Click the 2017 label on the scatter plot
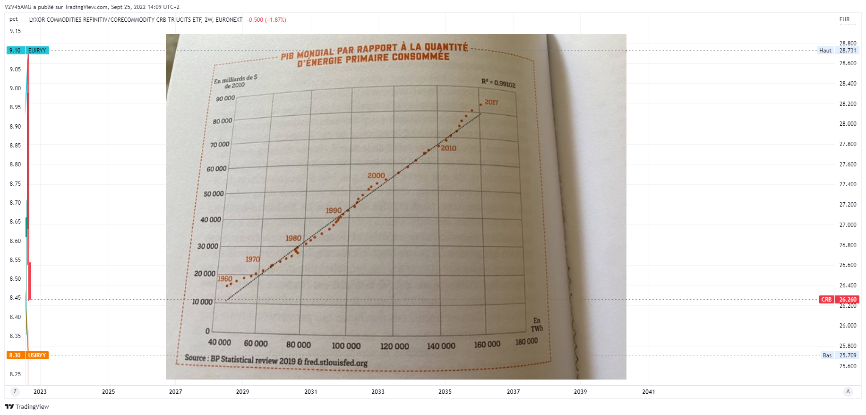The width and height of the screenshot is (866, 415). pyautogui.click(x=491, y=102)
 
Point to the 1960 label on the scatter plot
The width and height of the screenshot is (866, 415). pyautogui.click(x=225, y=279)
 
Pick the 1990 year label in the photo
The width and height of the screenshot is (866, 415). pyautogui.click(x=334, y=210)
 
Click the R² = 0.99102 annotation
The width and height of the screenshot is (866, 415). pyautogui.click(x=498, y=83)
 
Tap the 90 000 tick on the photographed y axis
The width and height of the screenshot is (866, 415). pyautogui.click(x=225, y=98)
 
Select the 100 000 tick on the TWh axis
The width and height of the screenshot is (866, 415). pyautogui.click(x=346, y=346)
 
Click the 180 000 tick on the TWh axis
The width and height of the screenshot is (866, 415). pyautogui.click(x=526, y=341)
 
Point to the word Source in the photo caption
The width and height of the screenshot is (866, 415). pyautogui.click(x=195, y=357)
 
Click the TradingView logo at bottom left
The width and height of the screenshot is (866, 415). pyautogui.click(x=27, y=406)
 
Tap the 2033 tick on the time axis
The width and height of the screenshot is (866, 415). pyautogui.click(x=378, y=392)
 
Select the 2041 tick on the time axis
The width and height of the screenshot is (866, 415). pyautogui.click(x=649, y=392)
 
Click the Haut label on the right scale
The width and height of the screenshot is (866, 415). pyautogui.click(x=825, y=51)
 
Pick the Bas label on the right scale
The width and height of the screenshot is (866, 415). pyautogui.click(x=827, y=355)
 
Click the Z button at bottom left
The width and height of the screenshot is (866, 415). pyautogui.click(x=15, y=391)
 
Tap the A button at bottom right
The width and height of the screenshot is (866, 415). pyautogui.click(x=848, y=391)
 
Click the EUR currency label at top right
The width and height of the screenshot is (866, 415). pyautogui.click(x=844, y=19)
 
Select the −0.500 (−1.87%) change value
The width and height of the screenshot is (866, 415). pyautogui.click(x=266, y=20)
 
